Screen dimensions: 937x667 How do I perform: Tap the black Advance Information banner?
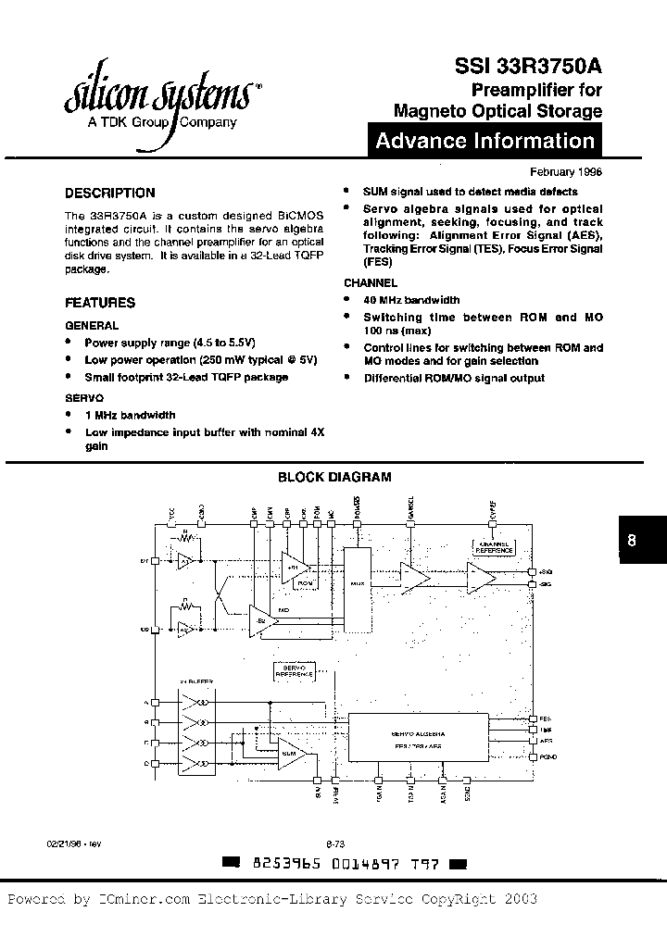[485, 142]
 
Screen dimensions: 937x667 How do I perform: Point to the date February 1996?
[566, 172]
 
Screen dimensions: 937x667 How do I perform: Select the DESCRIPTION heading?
[109, 194]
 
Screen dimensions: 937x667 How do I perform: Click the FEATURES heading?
[99, 303]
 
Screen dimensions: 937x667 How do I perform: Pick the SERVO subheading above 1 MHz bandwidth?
[82, 395]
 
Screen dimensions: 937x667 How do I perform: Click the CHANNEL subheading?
[371, 283]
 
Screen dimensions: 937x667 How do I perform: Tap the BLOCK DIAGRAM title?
[334, 478]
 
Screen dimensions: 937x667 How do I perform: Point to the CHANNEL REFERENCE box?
[493, 547]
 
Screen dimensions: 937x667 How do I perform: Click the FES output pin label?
[545, 718]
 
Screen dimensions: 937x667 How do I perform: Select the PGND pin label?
[547, 756]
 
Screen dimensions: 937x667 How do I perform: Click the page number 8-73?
[334, 843]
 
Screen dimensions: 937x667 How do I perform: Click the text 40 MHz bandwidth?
[411, 300]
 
